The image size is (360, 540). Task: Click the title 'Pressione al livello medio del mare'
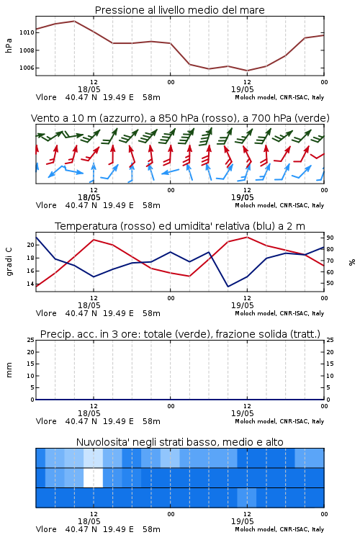tap(179, 10)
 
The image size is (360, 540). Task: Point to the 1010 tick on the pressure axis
tap(27, 32)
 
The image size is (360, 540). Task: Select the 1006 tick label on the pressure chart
tap(27, 68)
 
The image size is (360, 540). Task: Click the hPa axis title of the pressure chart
tap(9, 45)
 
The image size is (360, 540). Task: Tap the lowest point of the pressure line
tap(247, 71)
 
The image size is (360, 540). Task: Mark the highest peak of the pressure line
tap(74, 21)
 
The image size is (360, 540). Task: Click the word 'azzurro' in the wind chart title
tap(121, 118)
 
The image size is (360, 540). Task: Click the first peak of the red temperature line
tap(94, 240)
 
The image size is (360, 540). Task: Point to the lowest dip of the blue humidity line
tap(228, 287)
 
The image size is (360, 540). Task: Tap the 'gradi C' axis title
tap(9, 261)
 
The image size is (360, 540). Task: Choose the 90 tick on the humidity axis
tap(330, 238)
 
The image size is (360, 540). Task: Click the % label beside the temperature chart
tap(352, 262)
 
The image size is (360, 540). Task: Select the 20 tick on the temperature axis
tap(31, 245)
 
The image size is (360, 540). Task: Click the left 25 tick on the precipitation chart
tap(31, 340)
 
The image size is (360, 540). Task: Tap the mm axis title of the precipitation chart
tap(9, 369)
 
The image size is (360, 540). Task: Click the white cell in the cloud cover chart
tap(93, 477)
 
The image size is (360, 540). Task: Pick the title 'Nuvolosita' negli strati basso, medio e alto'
tap(179, 442)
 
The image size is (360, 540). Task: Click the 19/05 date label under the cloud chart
tap(242, 521)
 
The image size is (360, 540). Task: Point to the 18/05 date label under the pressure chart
tap(89, 89)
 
